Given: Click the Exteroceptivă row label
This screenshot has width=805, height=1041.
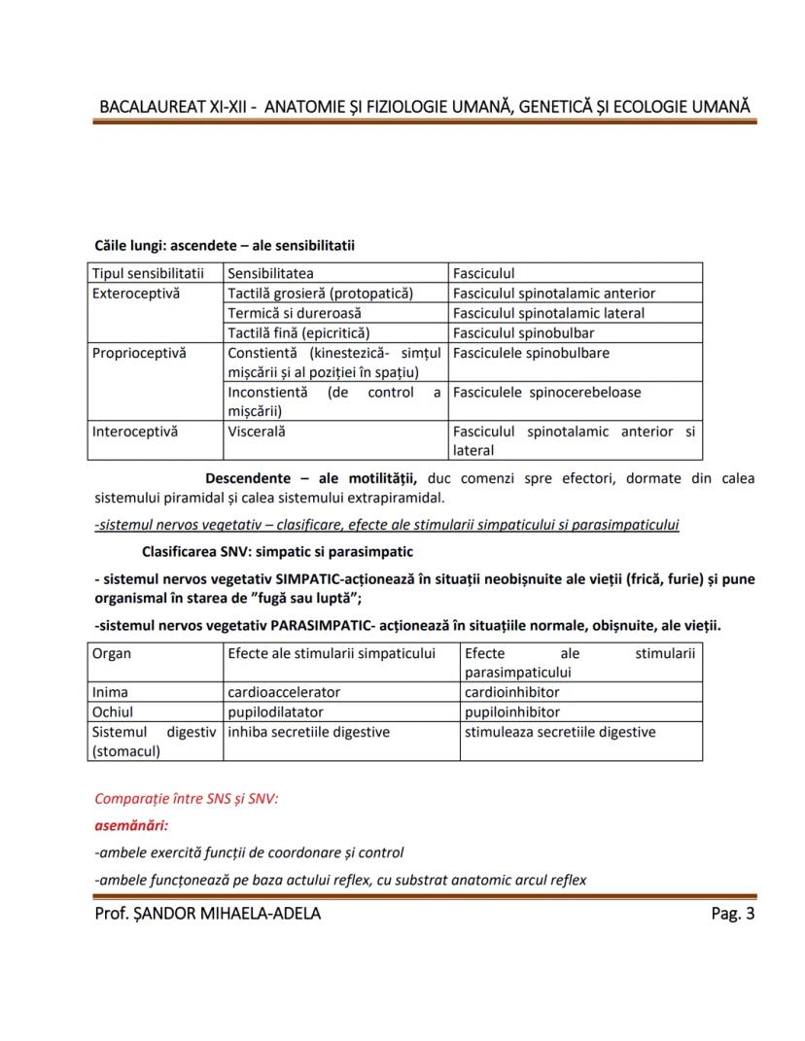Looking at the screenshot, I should [x=136, y=293].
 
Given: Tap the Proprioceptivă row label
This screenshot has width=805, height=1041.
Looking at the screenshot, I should [x=138, y=353].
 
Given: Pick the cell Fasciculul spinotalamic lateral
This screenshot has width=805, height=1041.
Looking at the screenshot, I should [x=548, y=313].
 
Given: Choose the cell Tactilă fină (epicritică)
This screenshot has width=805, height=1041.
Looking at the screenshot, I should [x=298, y=332].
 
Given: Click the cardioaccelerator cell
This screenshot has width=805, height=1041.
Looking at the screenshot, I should [x=284, y=692].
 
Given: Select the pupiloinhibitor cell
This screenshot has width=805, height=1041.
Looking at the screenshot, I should [x=512, y=711].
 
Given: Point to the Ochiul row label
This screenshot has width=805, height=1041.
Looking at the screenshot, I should [x=113, y=711].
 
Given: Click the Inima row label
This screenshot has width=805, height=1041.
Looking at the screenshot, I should [x=110, y=692].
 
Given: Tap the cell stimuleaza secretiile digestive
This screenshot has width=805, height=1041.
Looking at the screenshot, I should [x=560, y=732].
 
